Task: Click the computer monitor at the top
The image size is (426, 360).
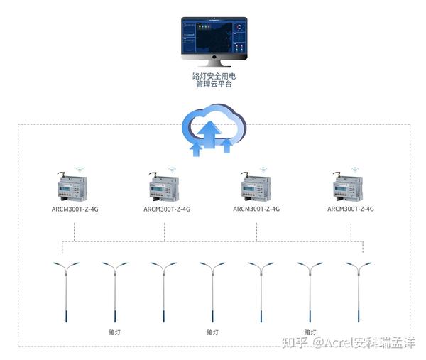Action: tap(213, 37)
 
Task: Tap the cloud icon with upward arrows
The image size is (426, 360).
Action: tap(213, 130)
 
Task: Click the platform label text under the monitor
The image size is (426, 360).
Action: tap(213, 79)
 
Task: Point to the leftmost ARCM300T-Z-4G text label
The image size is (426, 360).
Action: tap(75, 209)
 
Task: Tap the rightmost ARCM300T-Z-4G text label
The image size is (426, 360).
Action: tap(351, 209)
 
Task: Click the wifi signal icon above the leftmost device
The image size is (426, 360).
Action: tap(80, 170)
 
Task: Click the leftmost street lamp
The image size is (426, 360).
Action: tap(66, 291)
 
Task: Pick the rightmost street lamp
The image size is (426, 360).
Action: tap(359, 291)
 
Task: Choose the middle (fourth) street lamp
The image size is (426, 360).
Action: tap(212, 291)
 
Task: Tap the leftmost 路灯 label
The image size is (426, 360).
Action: tap(114, 332)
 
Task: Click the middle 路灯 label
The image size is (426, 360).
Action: tap(212, 332)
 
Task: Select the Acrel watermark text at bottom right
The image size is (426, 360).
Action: tap(348, 343)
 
